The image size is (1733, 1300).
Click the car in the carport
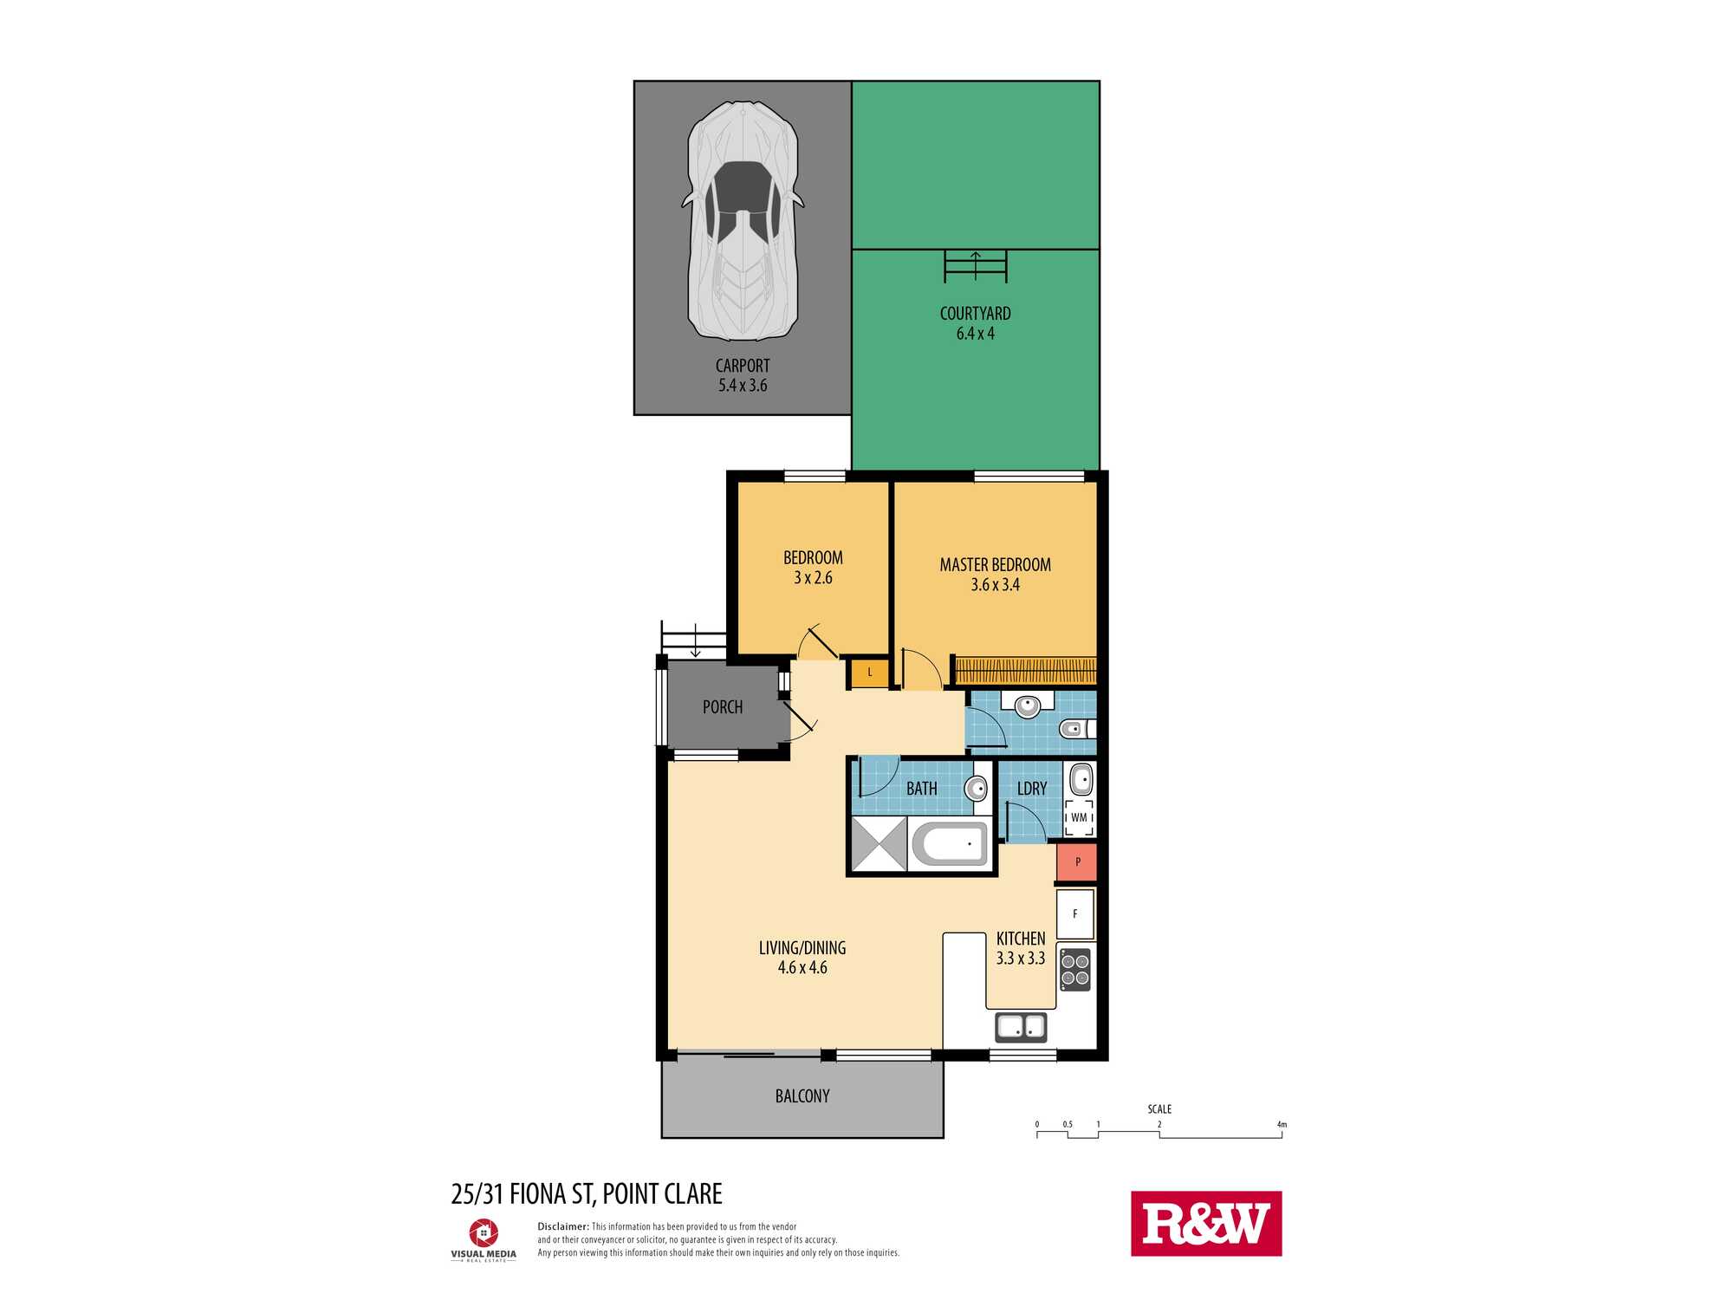pyautogui.click(x=743, y=221)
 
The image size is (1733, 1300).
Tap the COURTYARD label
pyautogui.click(x=975, y=314)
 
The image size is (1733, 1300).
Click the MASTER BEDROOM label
pyautogui.click(x=995, y=565)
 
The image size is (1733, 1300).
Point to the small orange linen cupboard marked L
pyautogui.click(x=870, y=673)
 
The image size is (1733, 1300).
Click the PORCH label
pyautogui.click(x=723, y=707)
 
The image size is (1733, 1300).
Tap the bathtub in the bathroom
pyautogui.click(x=950, y=843)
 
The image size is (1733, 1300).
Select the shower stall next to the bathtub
pyautogui.click(x=879, y=843)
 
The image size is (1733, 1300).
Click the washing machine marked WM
pyautogui.click(x=1079, y=817)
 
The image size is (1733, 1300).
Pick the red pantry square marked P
pyautogui.click(x=1077, y=862)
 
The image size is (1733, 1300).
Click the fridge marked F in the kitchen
pyautogui.click(x=1075, y=913)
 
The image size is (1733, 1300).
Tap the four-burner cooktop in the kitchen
pyautogui.click(x=1075, y=970)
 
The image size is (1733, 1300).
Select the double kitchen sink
pyautogui.click(x=1021, y=1027)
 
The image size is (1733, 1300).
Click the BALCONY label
pyautogui.click(x=802, y=1096)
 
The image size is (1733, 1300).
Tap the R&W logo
pyautogui.click(x=1206, y=1223)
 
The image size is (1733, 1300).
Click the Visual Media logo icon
pyautogui.click(x=483, y=1232)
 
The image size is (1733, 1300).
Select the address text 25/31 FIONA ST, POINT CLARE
pyautogui.click(x=587, y=1194)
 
